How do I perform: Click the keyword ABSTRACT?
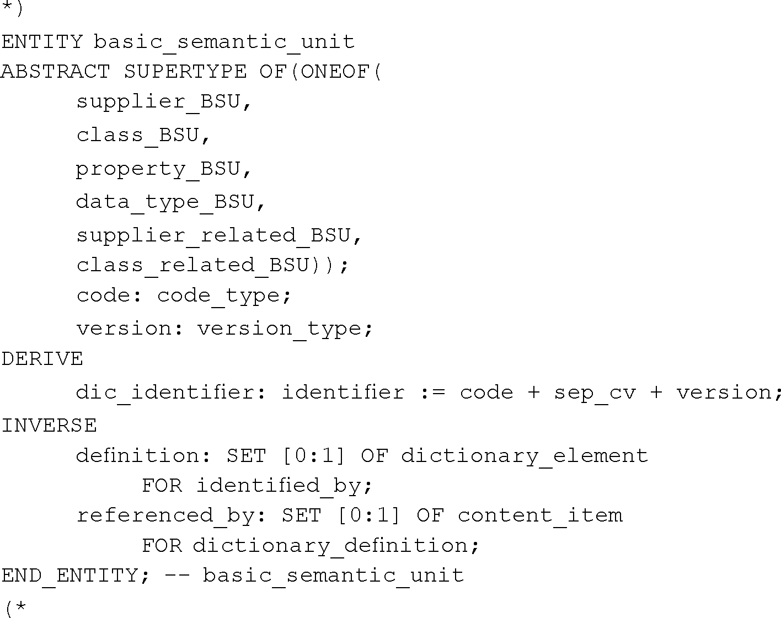click(x=55, y=72)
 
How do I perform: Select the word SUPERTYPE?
click(x=185, y=72)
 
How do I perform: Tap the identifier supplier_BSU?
click(x=158, y=102)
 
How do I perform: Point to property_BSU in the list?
click(x=158, y=169)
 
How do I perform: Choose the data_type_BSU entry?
click(x=164, y=202)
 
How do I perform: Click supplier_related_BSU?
click(x=213, y=235)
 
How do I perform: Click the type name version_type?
click(x=279, y=329)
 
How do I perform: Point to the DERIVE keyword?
click(x=42, y=359)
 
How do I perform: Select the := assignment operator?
click(x=432, y=393)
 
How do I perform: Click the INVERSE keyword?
click(x=49, y=426)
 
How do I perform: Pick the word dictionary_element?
click(x=524, y=456)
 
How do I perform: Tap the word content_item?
click(x=539, y=515)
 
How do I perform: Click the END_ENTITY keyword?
click(x=69, y=576)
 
